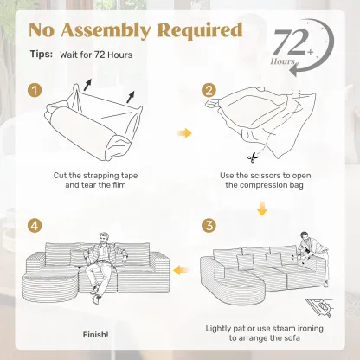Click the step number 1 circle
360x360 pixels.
coord(35,91)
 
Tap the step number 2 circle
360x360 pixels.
coord(209,91)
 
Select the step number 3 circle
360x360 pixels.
coord(209,225)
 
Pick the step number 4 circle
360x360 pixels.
coord(35,225)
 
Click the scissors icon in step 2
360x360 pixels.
coord(253,157)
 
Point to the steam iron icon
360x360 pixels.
coord(319,308)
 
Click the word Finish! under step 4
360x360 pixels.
coord(96,335)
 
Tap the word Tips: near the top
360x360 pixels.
coord(42,54)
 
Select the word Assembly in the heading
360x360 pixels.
coord(106,30)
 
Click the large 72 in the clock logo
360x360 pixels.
coord(289,42)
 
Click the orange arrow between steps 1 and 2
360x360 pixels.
coord(184,133)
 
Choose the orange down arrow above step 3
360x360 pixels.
coord(262,209)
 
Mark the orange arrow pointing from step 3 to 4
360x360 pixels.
coord(180,271)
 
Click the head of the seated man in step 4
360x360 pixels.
coord(104,238)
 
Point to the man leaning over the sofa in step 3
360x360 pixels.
coord(313,254)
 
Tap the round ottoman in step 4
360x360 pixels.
coord(51,285)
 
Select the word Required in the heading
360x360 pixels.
coord(200,30)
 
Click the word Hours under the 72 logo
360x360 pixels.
coord(283,61)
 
